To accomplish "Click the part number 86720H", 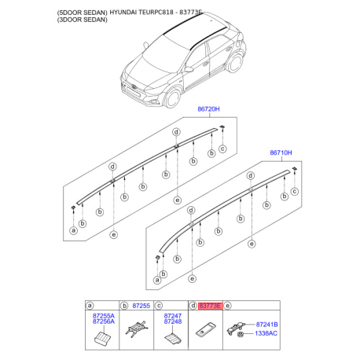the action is click(208, 109).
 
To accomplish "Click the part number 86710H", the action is click(281, 152).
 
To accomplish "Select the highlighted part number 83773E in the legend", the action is click(210, 306).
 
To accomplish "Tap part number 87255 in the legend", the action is click(141, 306).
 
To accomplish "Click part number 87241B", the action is click(266, 325).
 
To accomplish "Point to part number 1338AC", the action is click(266, 333).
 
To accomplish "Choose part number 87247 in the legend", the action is click(173, 316).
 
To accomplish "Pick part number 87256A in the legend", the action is click(104, 321).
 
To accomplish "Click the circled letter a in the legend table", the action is click(90, 306).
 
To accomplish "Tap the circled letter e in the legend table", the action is click(228, 306).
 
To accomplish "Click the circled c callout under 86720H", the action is click(222, 149).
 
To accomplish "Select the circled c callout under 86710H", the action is click(295, 192).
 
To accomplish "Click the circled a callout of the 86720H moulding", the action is click(74, 230).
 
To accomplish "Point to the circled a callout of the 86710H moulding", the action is click(157, 280).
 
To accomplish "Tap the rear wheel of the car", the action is click(235, 63).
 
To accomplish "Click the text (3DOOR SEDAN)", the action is click(83, 20).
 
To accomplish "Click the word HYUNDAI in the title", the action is click(123, 13).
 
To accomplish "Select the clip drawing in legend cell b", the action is click(137, 328).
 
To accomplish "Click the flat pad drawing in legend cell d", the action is click(206, 329).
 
